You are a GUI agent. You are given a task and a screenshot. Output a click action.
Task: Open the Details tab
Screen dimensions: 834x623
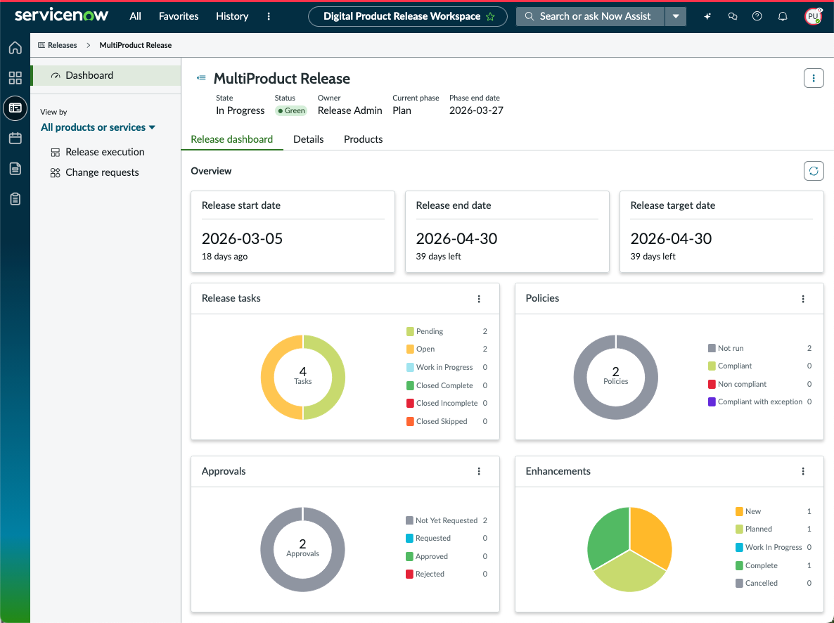[309, 139]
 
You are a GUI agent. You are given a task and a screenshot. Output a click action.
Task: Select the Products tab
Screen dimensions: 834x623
[364, 139]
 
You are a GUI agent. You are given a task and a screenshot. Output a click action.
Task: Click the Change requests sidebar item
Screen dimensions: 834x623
[95, 172]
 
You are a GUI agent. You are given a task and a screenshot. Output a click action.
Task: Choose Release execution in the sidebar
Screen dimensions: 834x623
[97, 152]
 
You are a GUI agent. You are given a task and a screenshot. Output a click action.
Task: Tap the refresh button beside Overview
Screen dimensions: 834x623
[814, 171]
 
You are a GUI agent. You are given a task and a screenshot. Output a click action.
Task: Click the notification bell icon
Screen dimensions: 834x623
[783, 16]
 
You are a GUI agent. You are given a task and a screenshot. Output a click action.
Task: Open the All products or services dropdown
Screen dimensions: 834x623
[98, 127]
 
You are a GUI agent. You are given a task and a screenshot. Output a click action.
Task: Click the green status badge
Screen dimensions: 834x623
[291, 110]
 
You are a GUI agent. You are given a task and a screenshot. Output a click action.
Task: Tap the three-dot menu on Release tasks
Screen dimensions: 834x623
[479, 299]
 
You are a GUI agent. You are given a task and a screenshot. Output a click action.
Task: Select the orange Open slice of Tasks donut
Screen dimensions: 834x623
[267, 377]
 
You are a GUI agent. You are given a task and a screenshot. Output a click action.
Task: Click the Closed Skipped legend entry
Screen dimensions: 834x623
[437, 421]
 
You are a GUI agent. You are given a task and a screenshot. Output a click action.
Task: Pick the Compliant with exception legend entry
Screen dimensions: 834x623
[755, 402]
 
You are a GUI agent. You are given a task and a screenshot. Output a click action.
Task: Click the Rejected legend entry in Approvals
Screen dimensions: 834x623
[425, 574]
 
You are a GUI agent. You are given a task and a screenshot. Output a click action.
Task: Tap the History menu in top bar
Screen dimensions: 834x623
[232, 16]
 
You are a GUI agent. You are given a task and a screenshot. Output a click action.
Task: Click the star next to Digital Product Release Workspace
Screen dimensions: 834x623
[490, 16]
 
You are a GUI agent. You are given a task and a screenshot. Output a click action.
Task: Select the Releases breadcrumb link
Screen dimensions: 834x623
[58, 45]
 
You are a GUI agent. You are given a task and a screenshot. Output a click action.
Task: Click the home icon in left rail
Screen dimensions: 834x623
[15, 48]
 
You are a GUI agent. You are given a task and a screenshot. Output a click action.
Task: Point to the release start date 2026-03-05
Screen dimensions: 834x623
[242, 238]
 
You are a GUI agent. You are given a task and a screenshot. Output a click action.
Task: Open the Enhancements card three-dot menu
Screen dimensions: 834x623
[803, 471]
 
